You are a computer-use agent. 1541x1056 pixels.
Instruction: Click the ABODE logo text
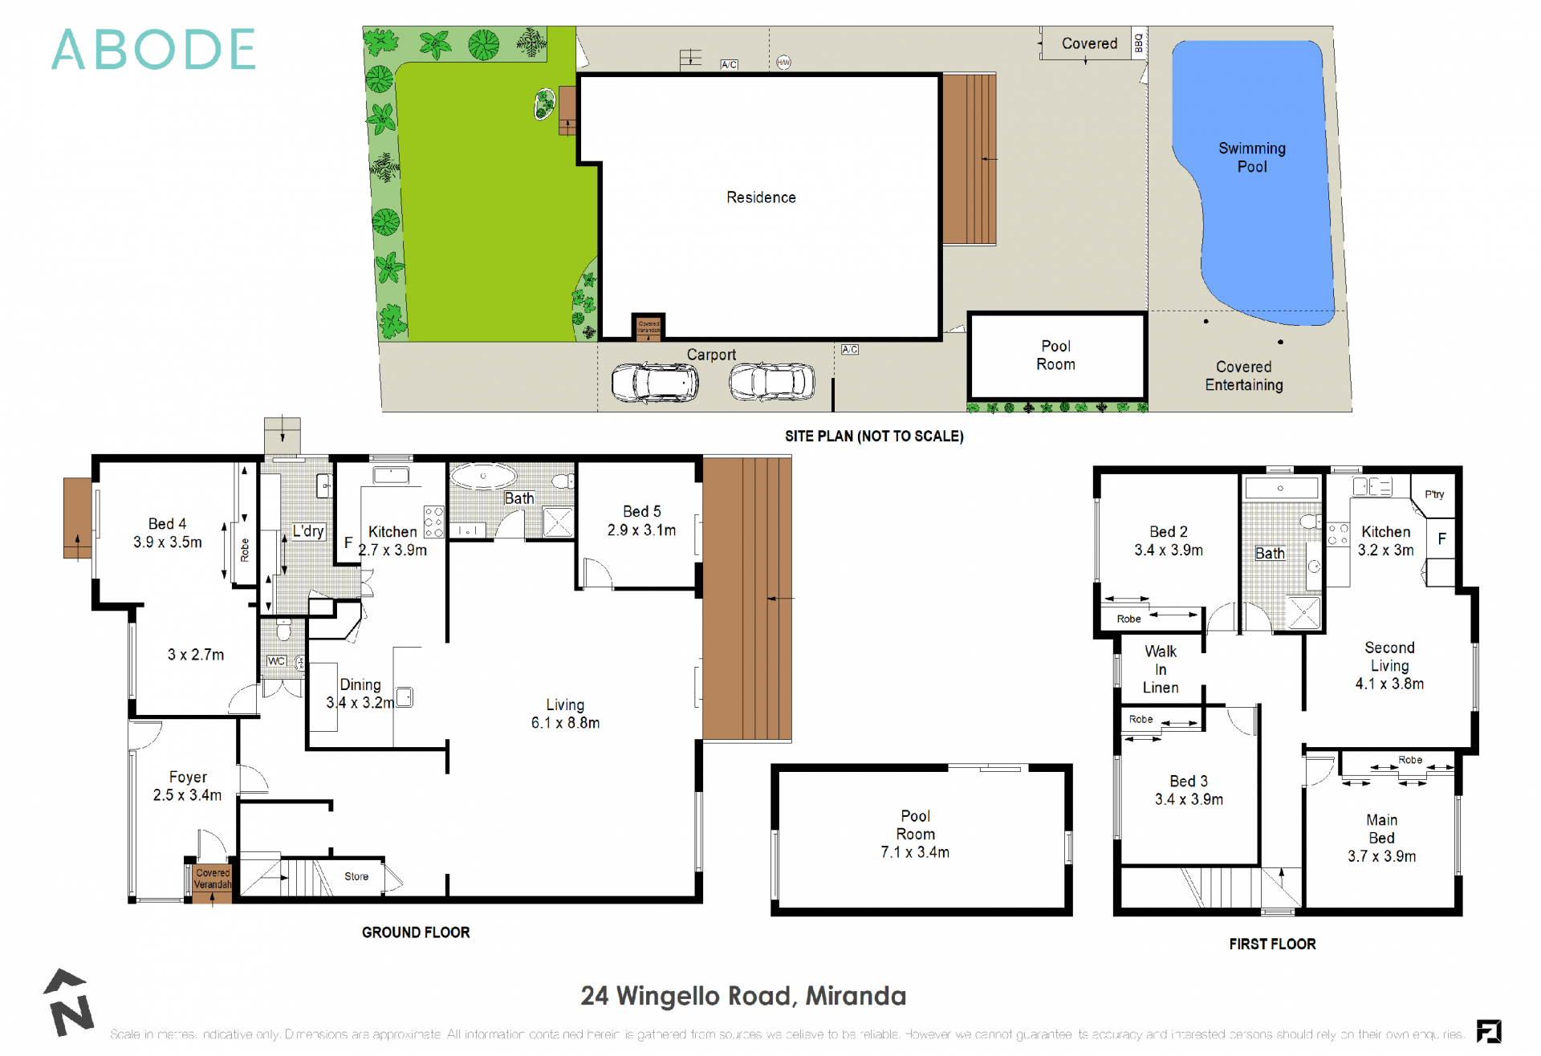point(153,50)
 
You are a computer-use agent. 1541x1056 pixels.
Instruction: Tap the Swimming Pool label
point(1251,157)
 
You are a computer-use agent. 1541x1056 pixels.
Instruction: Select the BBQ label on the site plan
point(1138,43)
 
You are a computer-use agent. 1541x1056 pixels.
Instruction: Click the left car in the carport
point(655,383)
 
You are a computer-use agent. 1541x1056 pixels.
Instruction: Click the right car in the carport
point(771,381)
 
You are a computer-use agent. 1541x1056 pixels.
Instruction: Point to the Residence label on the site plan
point(761,197)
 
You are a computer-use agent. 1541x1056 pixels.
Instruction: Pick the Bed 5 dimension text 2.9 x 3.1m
point(641,530)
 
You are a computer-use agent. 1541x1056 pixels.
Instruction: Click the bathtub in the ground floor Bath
point(483,476)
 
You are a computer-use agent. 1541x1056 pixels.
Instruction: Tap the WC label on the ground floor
point(276,661)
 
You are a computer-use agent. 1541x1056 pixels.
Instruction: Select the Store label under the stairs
point(356,876)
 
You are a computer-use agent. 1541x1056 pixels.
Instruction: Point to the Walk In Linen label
point(1161,669)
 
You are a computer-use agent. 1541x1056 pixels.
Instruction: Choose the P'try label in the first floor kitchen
point(1434,494)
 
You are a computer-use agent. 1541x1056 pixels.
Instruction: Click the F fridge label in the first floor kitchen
point(1441,538)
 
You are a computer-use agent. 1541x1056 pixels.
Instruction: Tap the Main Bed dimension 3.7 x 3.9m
point(1381,856)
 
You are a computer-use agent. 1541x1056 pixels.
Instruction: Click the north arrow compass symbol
point(69,1003)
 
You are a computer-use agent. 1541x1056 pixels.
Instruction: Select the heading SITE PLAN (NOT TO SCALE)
point(874,436)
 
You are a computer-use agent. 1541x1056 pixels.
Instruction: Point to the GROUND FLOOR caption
point(416,932)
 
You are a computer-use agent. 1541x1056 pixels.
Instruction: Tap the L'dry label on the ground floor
point(307,530)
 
